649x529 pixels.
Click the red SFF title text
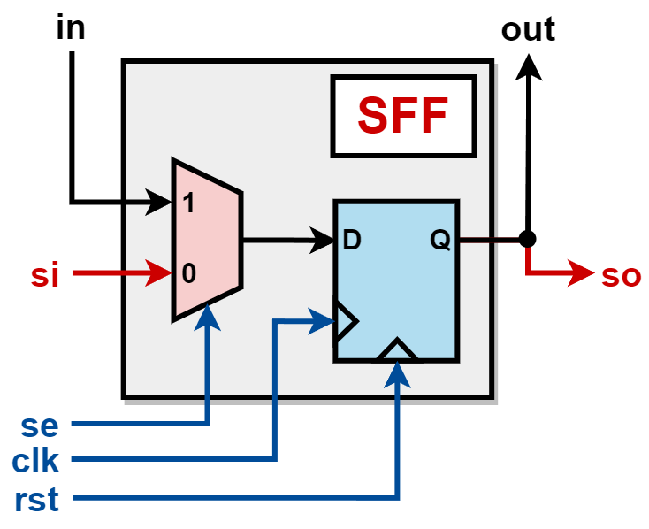(402, 116)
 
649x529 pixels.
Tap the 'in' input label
(70, 27)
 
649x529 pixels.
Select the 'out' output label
(528, 29)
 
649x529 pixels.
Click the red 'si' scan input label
(43, 275)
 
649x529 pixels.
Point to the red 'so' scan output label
(621, 275)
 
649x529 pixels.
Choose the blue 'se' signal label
(40, 425)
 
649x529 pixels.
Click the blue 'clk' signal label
(35, 461)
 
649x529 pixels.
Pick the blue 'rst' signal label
(37, 501)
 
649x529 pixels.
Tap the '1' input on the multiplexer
(187, 203)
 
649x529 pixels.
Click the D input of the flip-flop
(351, 240)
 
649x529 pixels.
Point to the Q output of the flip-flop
(439, 240)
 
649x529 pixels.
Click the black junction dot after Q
(528, 239)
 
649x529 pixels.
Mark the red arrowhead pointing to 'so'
(583, 273)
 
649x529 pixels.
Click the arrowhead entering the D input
(320, 239)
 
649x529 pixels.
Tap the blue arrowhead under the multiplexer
(209, 315)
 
